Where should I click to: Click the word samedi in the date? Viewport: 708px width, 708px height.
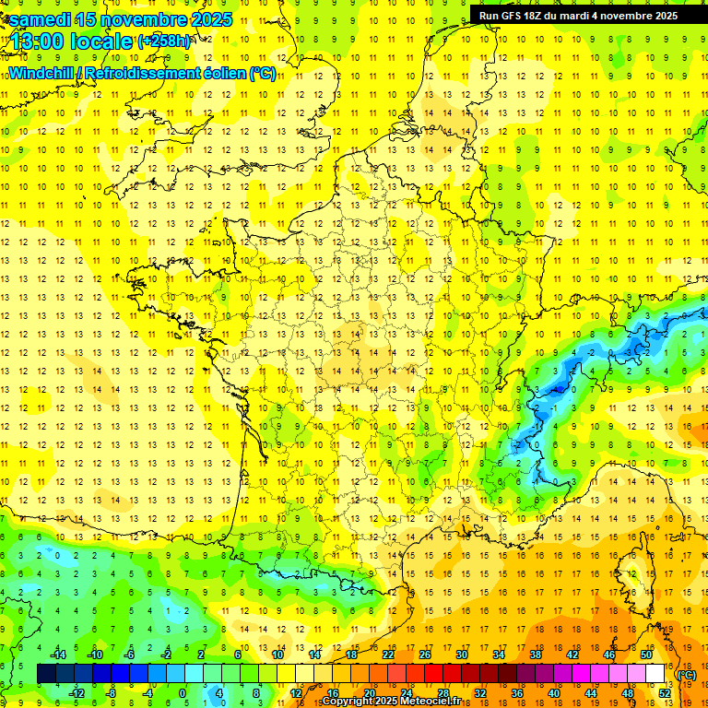click(40, 18)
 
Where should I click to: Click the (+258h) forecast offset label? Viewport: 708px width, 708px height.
click(164, 41)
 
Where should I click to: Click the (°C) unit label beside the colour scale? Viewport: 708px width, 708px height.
click(686, 675)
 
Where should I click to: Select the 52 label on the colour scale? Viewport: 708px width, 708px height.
click(664, 692)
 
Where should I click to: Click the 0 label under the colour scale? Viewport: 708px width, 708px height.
click(183, 692)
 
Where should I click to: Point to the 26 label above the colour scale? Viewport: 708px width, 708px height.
click(425, 655)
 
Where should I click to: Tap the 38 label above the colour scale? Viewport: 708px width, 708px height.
click(536, 655)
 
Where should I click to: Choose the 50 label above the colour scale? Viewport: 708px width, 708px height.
click(646, 655)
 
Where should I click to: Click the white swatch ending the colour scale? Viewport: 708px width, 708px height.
click(655, 674)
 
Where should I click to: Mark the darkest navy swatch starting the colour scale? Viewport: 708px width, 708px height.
click(46, 674)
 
